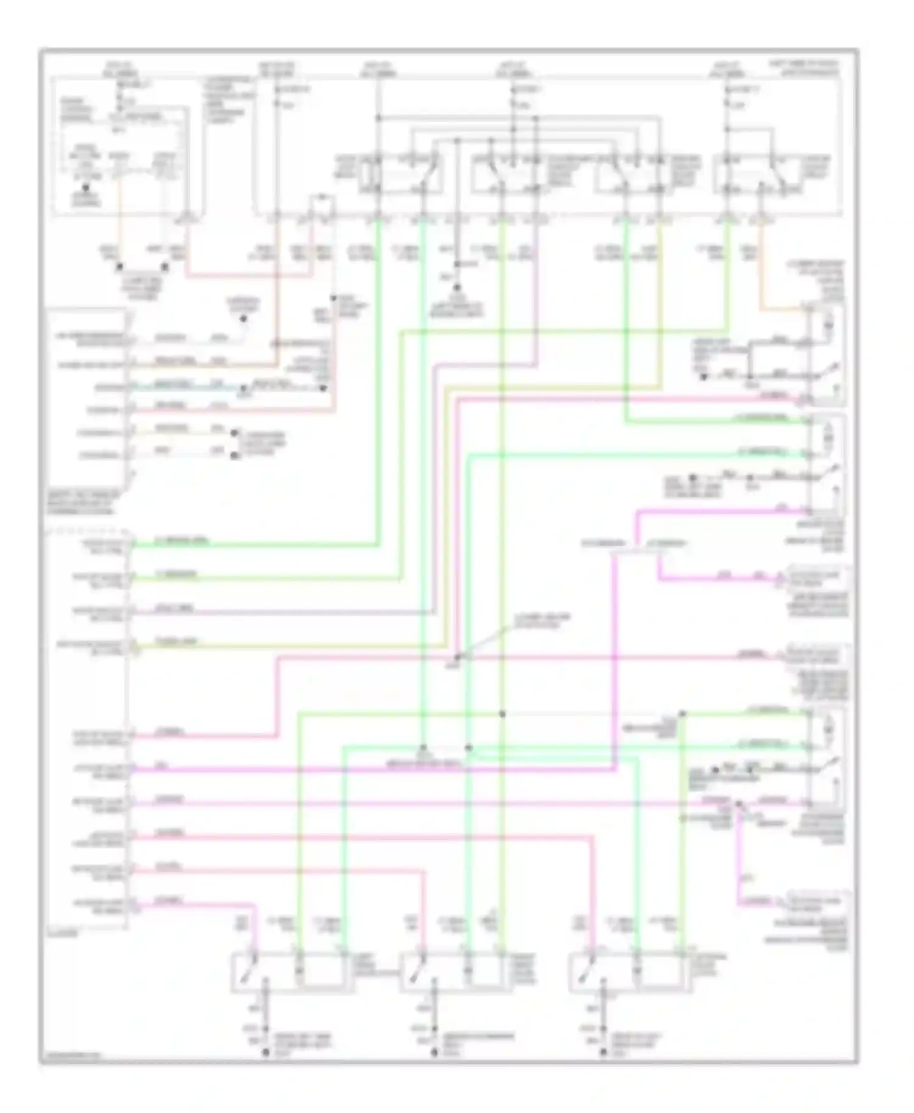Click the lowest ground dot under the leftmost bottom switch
click(265, 1052)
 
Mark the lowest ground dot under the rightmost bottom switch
click(604, 1052)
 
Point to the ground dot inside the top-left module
click(86, 189)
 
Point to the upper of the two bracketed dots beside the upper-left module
click(235, 434)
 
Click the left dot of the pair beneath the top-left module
click(119, 267)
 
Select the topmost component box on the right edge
click(826, 354)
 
